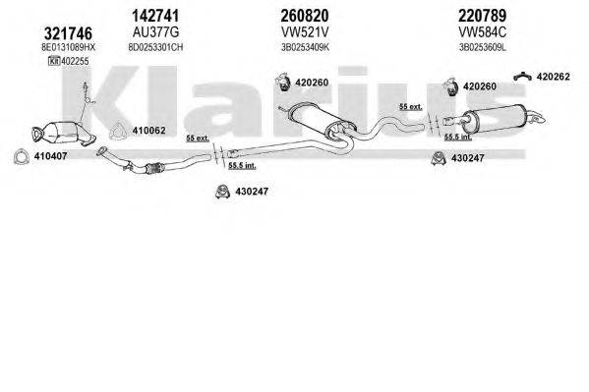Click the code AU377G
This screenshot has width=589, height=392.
(151, 31)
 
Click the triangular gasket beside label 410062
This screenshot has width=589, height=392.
(117, 130)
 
